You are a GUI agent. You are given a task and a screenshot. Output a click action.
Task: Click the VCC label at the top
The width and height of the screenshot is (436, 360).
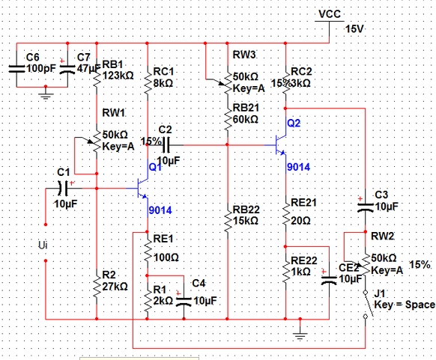(x=329, y=14)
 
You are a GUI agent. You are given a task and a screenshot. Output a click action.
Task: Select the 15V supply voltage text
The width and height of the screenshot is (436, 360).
(x=354, y=29)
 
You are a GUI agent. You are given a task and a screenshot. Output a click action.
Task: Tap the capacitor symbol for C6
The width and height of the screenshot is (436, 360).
(x=16, y=67)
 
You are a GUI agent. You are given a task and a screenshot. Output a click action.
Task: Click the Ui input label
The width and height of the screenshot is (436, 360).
(x=42, y=245)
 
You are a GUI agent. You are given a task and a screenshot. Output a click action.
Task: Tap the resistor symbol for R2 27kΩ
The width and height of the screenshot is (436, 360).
(x=96, y=285)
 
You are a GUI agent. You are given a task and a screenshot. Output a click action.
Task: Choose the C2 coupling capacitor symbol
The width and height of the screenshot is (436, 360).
(x=166, y=144)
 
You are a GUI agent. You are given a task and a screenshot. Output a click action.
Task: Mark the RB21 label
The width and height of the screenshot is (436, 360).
(x=246, y=108)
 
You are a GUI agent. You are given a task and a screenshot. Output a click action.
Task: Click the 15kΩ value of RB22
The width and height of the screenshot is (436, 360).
(x=246, y=221)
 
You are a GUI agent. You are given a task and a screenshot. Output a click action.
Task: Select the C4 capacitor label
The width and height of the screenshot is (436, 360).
(x=199, y=282)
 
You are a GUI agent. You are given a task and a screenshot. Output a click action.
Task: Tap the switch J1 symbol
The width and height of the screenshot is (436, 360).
(x=366, y=303)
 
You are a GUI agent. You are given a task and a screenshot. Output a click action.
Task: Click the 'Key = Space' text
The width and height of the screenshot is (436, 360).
(x=404, y=305)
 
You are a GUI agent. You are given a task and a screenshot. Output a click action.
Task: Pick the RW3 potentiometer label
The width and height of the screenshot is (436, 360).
(x=243, y=55)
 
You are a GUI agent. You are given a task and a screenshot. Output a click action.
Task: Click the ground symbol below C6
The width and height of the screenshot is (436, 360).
(x=46, y=95)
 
